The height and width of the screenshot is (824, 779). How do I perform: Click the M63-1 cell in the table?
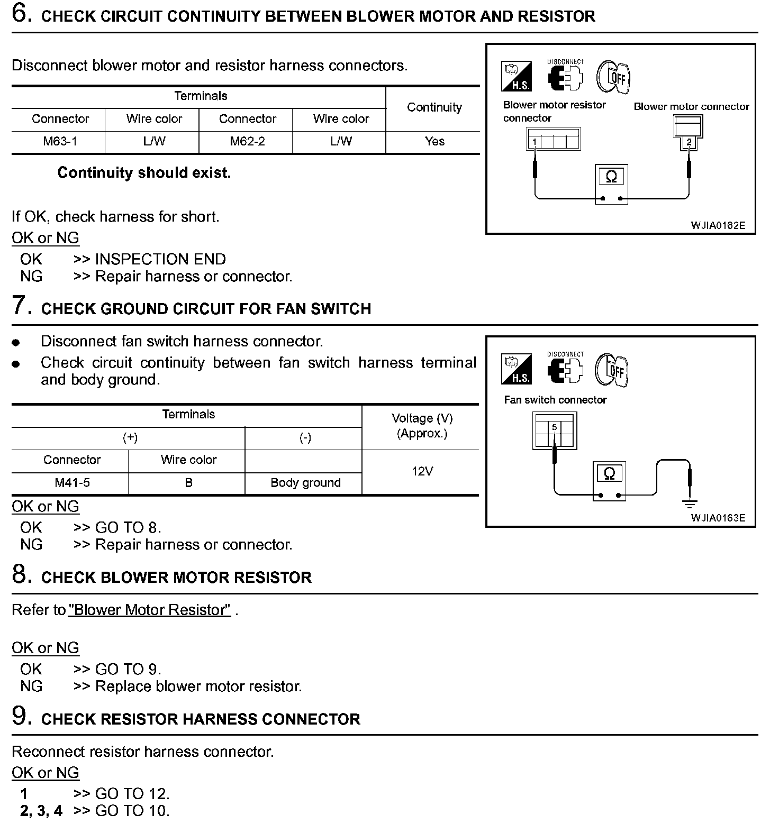click(60, 141)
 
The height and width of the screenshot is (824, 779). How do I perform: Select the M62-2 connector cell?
click(247, 141)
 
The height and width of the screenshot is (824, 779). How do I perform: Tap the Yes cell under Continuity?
click(434, 141)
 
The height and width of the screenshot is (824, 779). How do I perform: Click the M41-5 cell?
click(72, 482)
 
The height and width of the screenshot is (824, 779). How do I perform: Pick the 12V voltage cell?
click(422, 471)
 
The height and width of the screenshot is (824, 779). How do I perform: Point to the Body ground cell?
click(305, 482)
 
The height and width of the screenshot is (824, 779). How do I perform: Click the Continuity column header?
click(434, 107)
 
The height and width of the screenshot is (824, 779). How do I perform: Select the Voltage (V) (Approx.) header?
click(422, 426)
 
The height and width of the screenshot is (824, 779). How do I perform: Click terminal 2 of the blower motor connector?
click(689, 142)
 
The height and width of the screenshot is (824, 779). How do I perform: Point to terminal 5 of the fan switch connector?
click(554, 427)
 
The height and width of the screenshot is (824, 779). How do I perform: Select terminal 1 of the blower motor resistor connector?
click(535, 142)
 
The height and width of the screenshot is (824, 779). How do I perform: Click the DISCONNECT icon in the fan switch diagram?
click(565, 369)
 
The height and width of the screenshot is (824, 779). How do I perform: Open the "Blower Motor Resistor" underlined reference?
click(150, 610)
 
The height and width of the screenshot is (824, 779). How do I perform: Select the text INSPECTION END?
click(160, 259)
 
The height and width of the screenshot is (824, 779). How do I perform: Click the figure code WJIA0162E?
click(718, 225)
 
